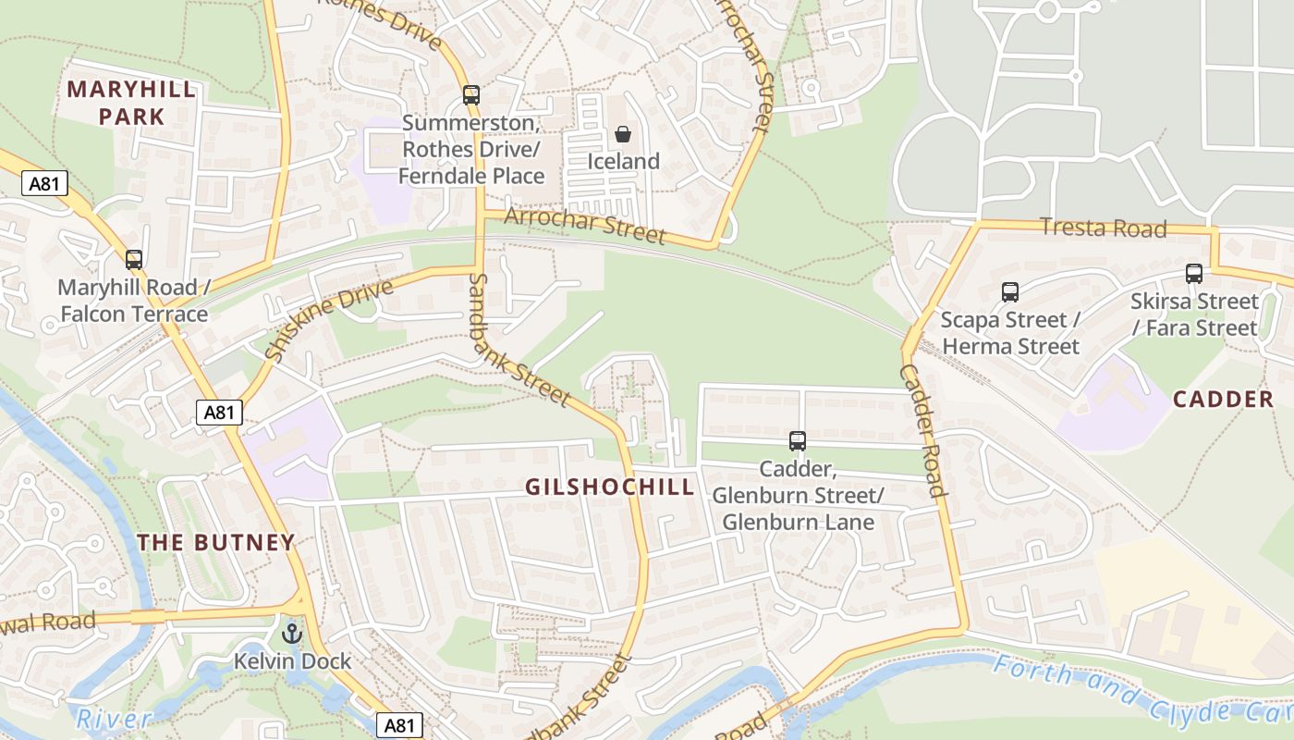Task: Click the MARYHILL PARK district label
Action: (131, 103)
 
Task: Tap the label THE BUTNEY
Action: (216, 543)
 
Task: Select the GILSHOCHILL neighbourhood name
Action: (609, 487)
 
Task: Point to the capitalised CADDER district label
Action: (1223, 400)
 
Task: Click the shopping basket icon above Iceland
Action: (624, 135)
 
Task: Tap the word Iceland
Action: (624, 162)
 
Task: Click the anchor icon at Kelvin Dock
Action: (292, 635)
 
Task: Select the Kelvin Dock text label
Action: (292, 661)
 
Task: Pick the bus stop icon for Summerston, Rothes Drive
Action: (471, 94)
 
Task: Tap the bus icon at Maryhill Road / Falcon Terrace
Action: (134, 260)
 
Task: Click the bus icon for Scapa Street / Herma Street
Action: (1009, 292)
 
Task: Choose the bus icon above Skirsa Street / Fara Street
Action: (1194, 274)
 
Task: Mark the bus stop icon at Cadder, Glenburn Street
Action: (797, 441)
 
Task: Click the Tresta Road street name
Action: (1103, 228)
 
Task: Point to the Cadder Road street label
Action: (923, 430)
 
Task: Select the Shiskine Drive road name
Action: (328, 319)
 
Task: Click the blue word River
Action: (114, 719)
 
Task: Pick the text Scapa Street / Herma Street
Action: (1009, 334)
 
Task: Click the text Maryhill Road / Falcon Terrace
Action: (134, 301)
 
